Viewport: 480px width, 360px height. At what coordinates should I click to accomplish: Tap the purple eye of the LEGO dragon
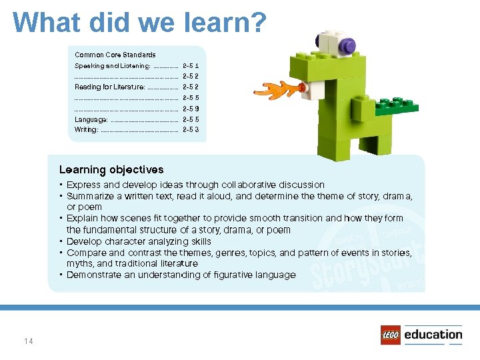coord(346,45)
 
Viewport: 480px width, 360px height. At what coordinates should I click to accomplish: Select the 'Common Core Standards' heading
coord(115,55)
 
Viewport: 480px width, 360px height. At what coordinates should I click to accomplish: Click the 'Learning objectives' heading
coord(111,170)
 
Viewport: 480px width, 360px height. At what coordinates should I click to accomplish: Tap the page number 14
coord(28,341)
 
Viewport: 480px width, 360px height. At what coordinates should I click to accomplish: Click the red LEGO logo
coord(390,335)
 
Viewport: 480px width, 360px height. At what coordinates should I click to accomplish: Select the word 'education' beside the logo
coord(433,335)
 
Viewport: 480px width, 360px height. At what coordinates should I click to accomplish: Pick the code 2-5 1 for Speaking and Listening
coord(191,66)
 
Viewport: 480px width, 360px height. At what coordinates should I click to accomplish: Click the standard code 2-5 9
coord(191,109)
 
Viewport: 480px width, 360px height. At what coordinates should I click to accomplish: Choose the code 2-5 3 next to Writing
coord(191,129)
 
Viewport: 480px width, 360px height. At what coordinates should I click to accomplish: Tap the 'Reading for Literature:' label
coord(109,87)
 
